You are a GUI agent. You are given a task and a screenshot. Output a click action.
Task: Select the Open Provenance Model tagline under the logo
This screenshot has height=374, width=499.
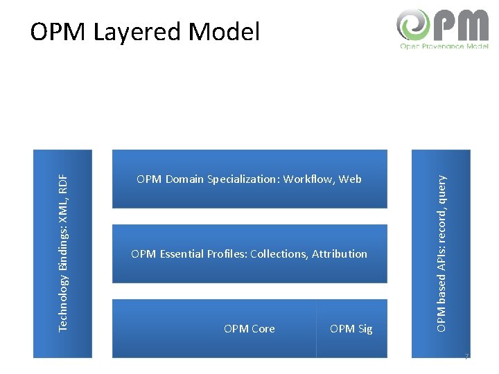coord(444,46)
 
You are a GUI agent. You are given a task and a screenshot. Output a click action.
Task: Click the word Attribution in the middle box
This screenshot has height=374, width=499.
coord(340,254)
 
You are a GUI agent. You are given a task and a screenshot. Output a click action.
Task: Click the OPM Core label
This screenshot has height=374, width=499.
coord(249,329)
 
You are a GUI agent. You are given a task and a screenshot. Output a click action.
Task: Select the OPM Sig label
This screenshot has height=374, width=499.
coord(351,329)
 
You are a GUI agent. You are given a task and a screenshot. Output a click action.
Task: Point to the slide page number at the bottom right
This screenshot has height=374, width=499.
coord(467,357)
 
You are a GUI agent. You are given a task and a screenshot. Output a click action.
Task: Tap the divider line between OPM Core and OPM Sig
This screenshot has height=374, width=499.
coord(316,328)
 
